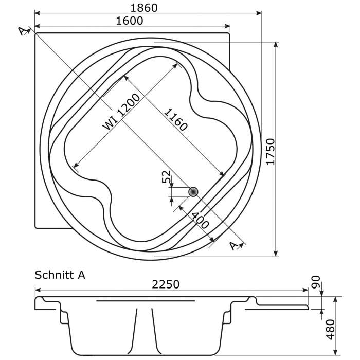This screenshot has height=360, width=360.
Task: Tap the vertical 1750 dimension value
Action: point(271,151)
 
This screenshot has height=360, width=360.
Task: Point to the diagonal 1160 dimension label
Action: point(175,120)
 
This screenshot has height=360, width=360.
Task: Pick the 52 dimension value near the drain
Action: point(166,177)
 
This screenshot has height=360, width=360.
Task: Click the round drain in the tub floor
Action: point(193,192)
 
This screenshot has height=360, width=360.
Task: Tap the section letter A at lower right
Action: point(235,246)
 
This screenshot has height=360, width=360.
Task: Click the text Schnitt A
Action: point(60,275)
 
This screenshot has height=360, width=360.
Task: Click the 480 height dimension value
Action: point(330,329)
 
